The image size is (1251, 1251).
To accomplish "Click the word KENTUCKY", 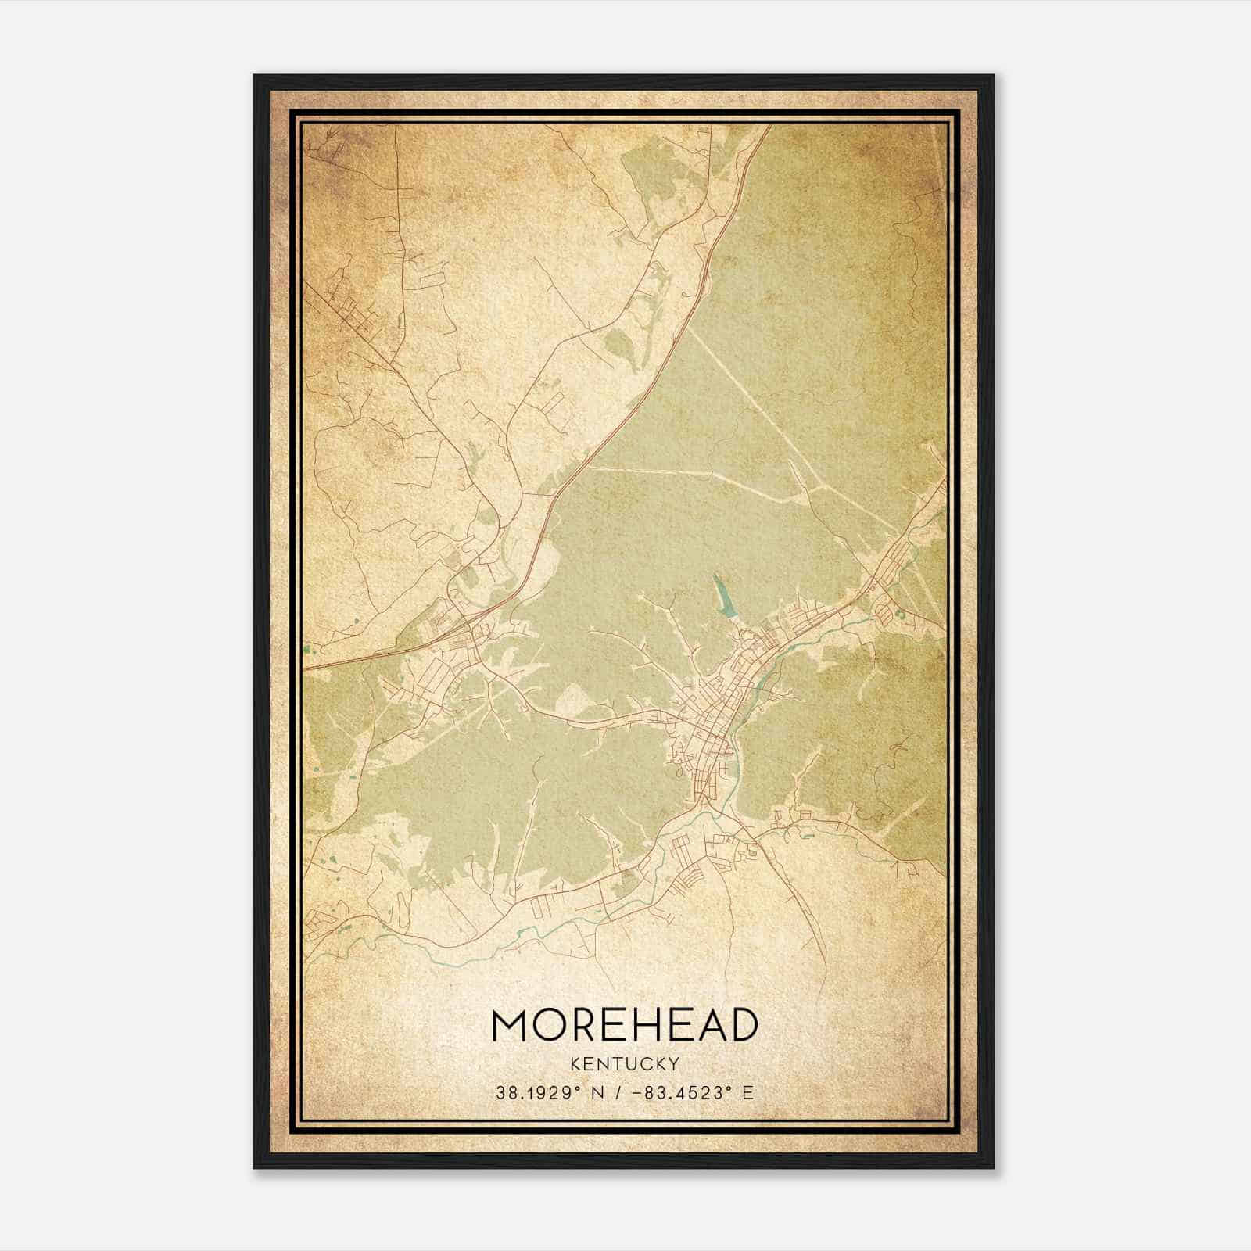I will [625, 1063].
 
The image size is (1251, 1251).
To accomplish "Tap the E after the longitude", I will [748, 1092].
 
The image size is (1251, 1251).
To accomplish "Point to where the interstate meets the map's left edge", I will [306, 669].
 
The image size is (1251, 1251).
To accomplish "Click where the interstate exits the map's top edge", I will [769, 127].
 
